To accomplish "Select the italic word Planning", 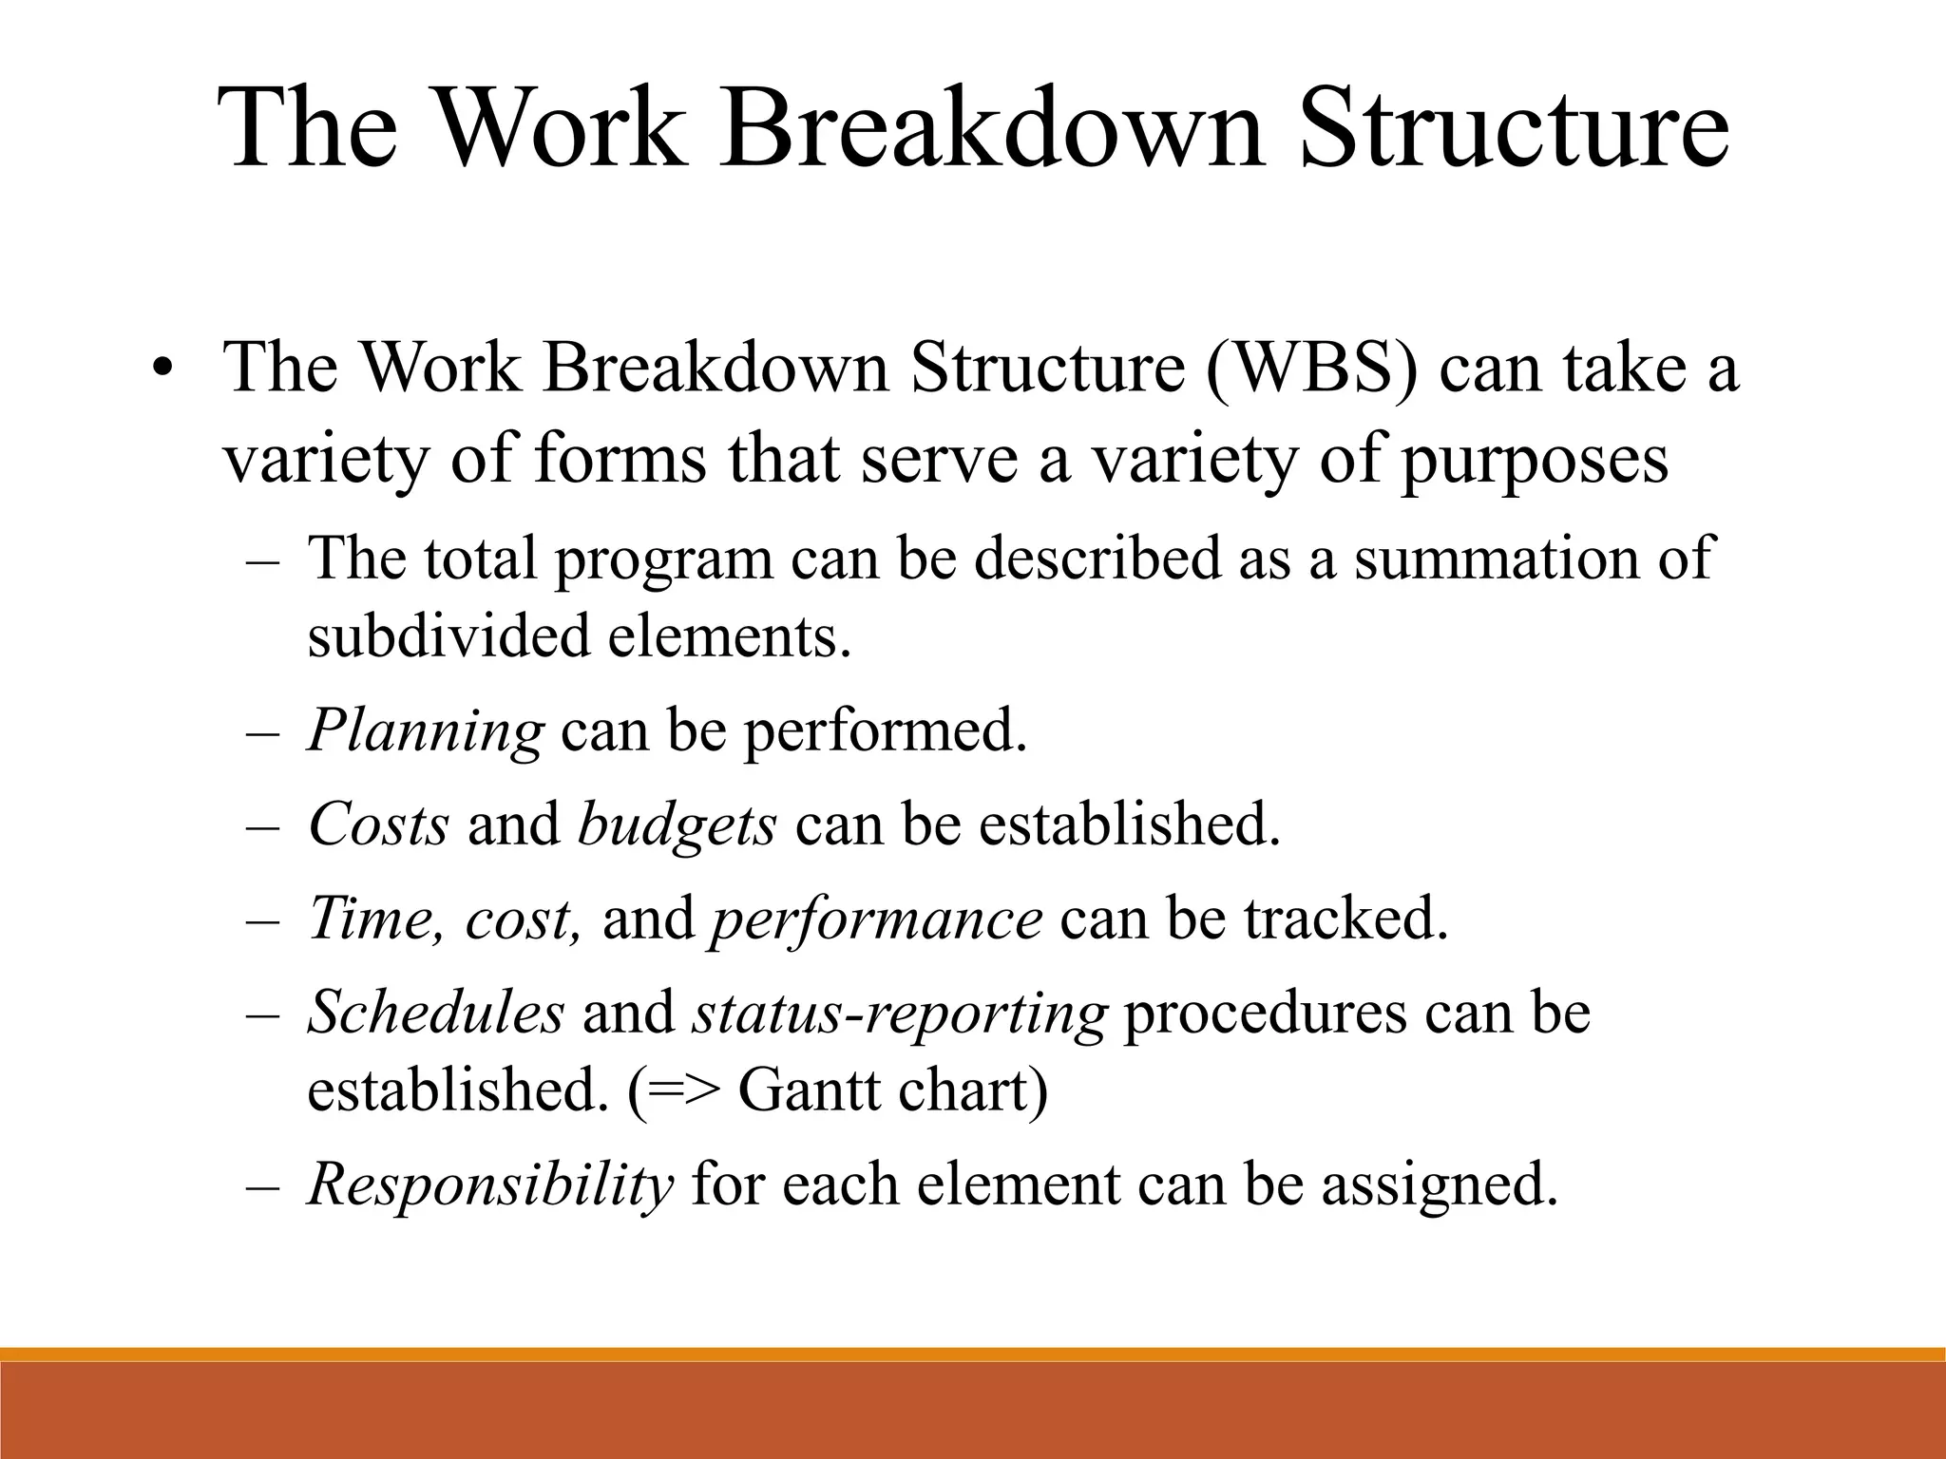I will click(x=425, y=731).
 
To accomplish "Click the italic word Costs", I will click(x=378, y=824).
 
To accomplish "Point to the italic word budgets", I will click(x=677, y=824).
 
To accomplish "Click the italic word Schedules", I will click(x=436, y=1012).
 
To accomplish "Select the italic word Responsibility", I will click(x=490, y=1184).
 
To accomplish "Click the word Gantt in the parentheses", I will click(x=809, y=1090).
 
